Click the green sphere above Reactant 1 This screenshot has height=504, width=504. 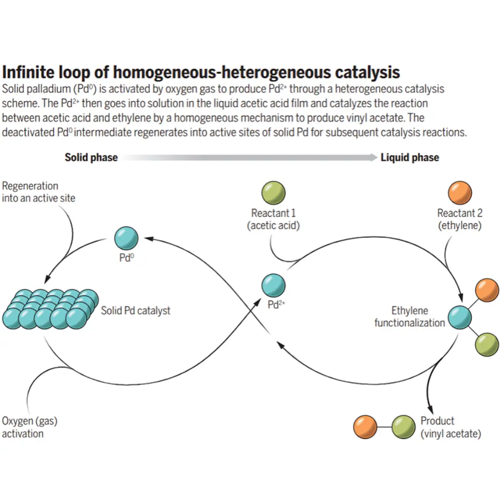tap(273, 194)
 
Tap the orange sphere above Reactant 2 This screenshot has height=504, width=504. tap(460, 194)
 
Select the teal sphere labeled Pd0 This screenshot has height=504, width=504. tap(125, 237)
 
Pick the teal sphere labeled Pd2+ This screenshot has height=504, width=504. tap(274, 285)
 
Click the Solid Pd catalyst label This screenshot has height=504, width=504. tap(136, 310)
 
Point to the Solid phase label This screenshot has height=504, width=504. tap(91, 158)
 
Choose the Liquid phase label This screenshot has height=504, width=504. tap(410, 158)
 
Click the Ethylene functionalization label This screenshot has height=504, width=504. tap(409, 317)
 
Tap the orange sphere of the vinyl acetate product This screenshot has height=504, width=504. tap(365, 426)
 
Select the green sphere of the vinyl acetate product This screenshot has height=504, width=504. tap(403, 426)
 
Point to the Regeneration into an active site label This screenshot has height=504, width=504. tap(38, 192)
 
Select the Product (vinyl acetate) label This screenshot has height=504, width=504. tap(451, 427)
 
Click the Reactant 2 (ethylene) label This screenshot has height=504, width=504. tap(459, 219)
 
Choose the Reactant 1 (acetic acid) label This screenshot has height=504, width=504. tap(273, 219)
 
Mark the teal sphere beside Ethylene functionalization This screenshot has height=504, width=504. tap(459, 318)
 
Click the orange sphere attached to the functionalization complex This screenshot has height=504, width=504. tap(487, 290)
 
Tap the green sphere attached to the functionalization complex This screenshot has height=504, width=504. tap(487, 344)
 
